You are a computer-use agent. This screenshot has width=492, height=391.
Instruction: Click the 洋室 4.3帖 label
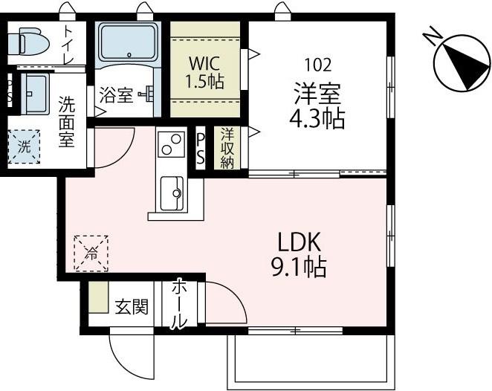click(318, 106)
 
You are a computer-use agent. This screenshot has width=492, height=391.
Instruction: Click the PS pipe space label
click(201, 149)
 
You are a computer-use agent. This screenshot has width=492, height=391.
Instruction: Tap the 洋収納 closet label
click(227, 149)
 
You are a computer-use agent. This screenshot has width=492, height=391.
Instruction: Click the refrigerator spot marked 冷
click(91, 253)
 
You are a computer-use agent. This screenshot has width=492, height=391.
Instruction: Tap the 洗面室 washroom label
click(67, 122)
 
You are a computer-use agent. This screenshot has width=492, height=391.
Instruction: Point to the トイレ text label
click(68, 44)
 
